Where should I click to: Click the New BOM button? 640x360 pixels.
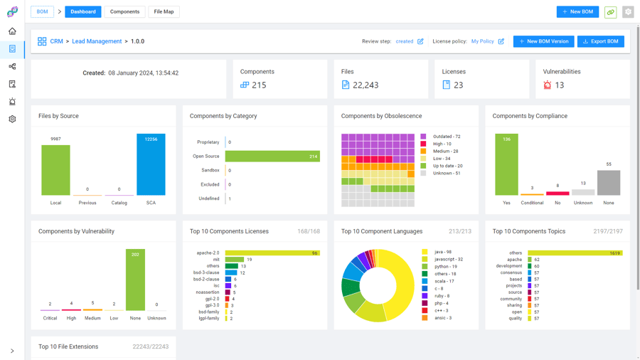click(x=577, y=12)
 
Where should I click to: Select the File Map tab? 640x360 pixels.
click(x=164, y=12)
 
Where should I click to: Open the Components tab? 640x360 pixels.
click(x=124, y=12)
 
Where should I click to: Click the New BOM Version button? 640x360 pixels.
click(x=543, y=41)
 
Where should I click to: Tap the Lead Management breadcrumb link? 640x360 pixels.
click(x=97, y=41)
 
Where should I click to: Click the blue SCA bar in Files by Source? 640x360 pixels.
click(x=151, y=165)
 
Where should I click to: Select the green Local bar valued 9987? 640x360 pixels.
click(x=55, y=171)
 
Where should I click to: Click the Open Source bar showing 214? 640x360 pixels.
click(x=272, y=157)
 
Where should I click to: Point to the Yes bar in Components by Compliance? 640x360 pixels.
click(x=506, y=165)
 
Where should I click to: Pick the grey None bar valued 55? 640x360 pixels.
click(x=609, y=183)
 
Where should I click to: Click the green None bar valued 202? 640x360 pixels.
click(x=135, y=280)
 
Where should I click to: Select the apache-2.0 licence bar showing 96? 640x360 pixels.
click(x=272, y=253)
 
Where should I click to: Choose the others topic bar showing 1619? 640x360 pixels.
click(x=575, y=253)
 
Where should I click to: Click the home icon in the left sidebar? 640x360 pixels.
click(x=12, y=31)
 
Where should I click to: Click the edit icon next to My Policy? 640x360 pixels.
click(x=501, y=41)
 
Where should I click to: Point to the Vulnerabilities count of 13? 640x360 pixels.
click(x=559, y=85)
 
